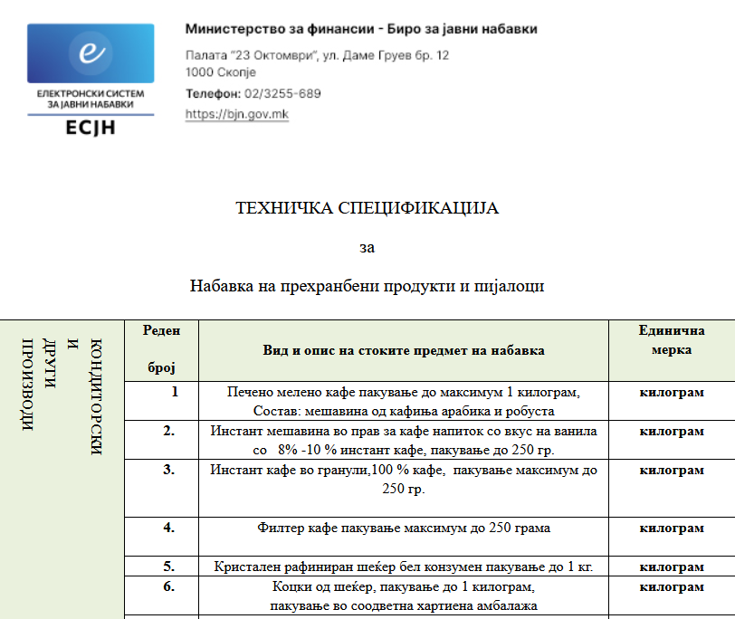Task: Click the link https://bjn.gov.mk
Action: pos(236,115)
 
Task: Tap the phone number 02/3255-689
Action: pos(282,94)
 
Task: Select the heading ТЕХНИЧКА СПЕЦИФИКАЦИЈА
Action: pos(367,209)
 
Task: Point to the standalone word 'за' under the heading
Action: pos(367,247)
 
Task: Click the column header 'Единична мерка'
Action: pos(671,340)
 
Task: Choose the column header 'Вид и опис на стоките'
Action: pos(403,350)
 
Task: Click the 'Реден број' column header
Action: pos(161,349)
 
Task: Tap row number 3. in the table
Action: pos(168,470)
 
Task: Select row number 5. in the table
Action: pos(168,567)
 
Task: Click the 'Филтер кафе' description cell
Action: pos(403,528)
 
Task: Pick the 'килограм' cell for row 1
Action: pos(671,393)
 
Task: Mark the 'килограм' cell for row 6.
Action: pos(671,587)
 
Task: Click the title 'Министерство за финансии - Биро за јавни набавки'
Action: pos(361,30)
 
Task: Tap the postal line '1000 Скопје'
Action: pos(221,72)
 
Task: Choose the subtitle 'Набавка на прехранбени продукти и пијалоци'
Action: pos(367,287)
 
